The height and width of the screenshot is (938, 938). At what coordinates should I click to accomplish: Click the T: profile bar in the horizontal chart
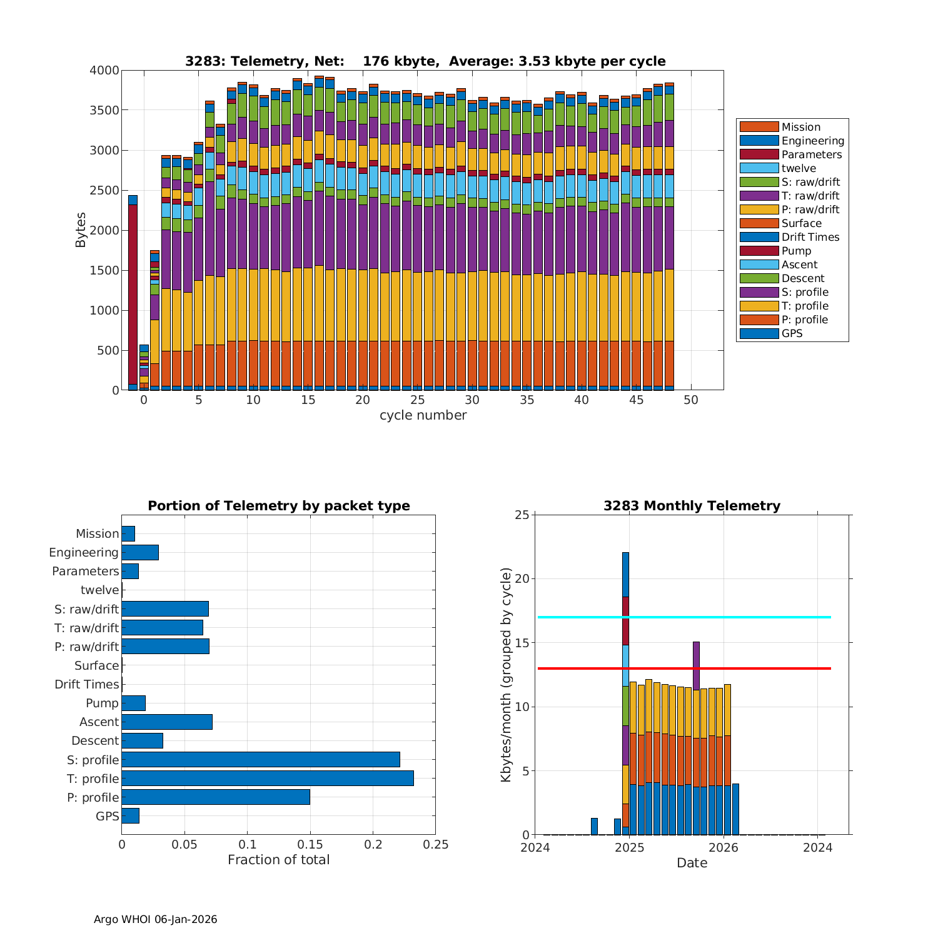[x=268, y=779]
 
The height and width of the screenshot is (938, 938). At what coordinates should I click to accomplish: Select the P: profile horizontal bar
[x=216, y=797]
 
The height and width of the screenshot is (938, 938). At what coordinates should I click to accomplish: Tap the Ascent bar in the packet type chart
[x=167, y=722]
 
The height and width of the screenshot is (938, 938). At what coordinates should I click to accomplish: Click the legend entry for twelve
[x=799, y=168]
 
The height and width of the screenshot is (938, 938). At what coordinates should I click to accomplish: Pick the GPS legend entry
[x=792, y=333]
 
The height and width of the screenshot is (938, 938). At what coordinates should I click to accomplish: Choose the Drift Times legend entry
[x=810, y=237]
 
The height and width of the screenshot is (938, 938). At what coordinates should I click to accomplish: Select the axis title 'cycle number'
[x=423, y=415]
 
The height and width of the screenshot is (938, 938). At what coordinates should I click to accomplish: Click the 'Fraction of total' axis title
[x=278, y=860]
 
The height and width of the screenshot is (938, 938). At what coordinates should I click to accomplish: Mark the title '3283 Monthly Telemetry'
[x=692, y=506]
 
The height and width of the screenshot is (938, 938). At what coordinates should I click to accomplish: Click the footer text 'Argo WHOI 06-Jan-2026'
[x=156, y=919]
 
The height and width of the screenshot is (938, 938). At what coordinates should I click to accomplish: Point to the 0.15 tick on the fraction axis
[x=310, y=845]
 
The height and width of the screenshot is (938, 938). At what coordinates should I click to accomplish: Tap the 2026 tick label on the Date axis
[x=724, y=848]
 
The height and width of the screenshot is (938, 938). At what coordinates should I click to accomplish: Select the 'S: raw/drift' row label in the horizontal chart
[x=86, y=610]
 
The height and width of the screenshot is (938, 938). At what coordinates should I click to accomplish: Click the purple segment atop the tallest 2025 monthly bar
[x=696, y=665]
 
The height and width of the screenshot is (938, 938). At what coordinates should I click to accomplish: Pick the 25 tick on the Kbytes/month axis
[x=522, y=515]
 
